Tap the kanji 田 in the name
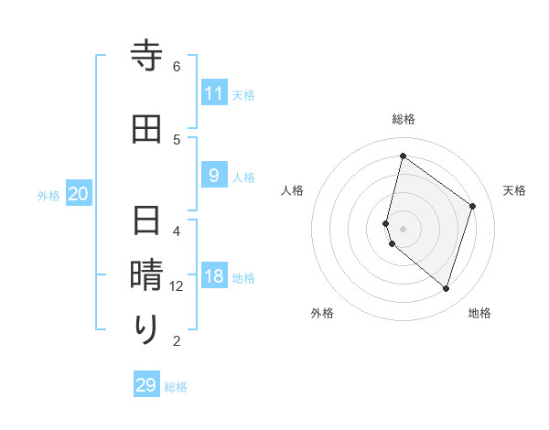(x=146, y=129)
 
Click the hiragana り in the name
(x=146, y=330)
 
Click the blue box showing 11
(x=214, y=93)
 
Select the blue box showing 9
(x=214, y=175)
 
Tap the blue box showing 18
(x=214, y=277)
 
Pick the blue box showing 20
(x=79, y=194)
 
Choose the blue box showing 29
(x=146, y=385)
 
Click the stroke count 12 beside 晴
(x=177, y=286)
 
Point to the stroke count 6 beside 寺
(x=177, y=67)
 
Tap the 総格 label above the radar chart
(x=404, y=119)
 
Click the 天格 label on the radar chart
(x=514, y=190)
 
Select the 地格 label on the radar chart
(x=479, y=313)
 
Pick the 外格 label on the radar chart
(x=322, y=313)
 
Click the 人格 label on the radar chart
(x=292, y=190)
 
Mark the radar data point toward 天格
(x=472, y=206)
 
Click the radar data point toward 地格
(x=446, y=289)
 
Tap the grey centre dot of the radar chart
(x=404, y=228)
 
